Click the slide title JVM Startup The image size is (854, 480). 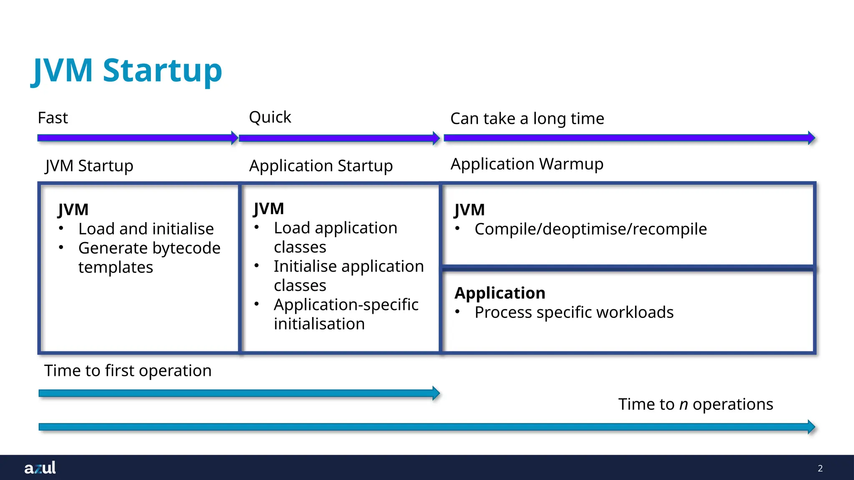click(x=127, y=71)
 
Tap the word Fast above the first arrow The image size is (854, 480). click(x=53, y=118)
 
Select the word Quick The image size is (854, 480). click(x=270, y=117)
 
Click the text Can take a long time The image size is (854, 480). click(x=527, y=119)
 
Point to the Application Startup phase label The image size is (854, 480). click(x=321, y=166)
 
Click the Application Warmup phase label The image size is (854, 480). click(x=527, y=164)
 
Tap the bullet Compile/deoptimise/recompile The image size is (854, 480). click(x=590, y=229)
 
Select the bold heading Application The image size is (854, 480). click(x=500, y=293)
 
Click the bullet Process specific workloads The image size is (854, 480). click(x=574, y=312)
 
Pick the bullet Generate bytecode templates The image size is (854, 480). click(x=149, y=257)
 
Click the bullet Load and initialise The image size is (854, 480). click(x=146, y=229)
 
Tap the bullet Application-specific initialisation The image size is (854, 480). click(x=346, y=314)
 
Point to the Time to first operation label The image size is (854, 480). click(x=128, y=370)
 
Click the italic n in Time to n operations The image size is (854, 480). click(x=683, y=405)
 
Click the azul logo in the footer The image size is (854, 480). click(x=40, y=467)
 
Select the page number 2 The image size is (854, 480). click(x=820, y=468)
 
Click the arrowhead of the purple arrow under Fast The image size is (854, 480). click(x=235, y=138)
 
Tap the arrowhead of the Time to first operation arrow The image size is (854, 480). click(x=436, y=393)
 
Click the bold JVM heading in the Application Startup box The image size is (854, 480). click(x=269, y=209)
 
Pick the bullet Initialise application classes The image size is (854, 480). click(x=349, y=276)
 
